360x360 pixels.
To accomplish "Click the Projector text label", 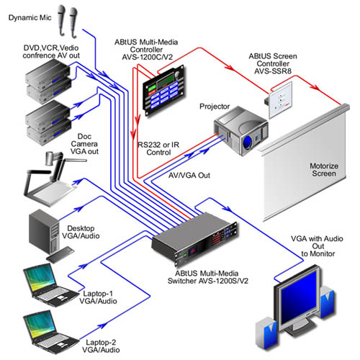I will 216,104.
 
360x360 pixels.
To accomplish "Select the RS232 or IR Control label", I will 160,148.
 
